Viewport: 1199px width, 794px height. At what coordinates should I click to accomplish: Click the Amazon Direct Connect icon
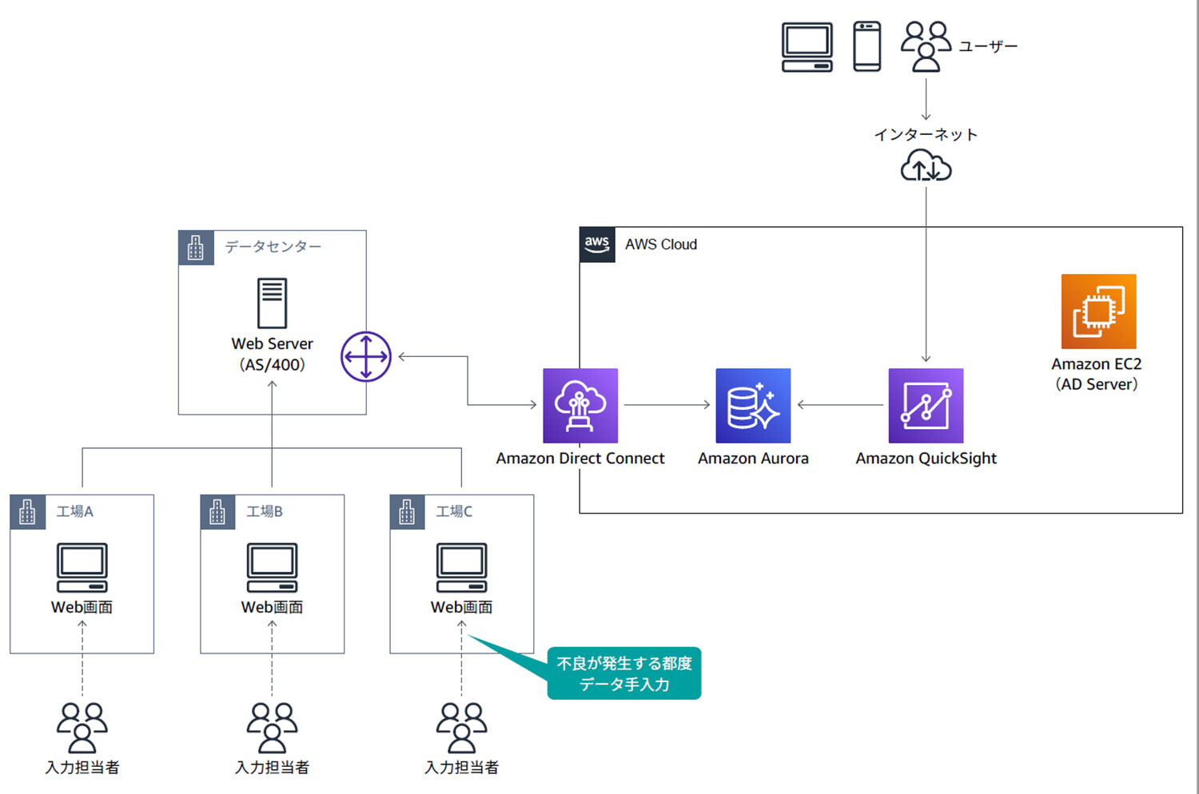point(580,405)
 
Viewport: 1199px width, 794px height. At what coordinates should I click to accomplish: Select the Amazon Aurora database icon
point(753,405)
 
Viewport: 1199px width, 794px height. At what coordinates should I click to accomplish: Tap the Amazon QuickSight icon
point(926,405)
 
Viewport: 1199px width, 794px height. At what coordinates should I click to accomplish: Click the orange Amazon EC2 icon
point(1098,312)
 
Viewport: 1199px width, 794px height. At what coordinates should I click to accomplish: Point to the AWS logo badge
point(597,244)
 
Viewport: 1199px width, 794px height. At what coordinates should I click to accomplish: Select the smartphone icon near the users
point(867,46)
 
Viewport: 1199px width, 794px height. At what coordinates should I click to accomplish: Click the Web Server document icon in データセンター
point(272,303)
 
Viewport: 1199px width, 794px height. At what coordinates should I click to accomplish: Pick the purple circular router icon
point(366,356)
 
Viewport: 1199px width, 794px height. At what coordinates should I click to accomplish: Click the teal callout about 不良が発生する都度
point(624,673)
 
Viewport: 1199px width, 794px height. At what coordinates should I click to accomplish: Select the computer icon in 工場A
point(82,567)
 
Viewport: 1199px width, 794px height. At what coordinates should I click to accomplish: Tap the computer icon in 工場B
point(272,567)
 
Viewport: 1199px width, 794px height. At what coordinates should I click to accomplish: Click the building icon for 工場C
point(407,512)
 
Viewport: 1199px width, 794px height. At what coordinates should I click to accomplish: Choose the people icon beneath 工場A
point(82,727)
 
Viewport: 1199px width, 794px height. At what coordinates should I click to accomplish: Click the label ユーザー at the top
point(988,46)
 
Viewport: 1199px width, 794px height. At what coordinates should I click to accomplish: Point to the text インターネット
point(926,134)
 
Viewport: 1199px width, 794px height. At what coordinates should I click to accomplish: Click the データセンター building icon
point(196,248)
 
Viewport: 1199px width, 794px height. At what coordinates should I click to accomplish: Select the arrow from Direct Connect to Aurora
point(667,405)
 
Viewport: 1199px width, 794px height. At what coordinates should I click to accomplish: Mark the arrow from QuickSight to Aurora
point(839,405)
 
